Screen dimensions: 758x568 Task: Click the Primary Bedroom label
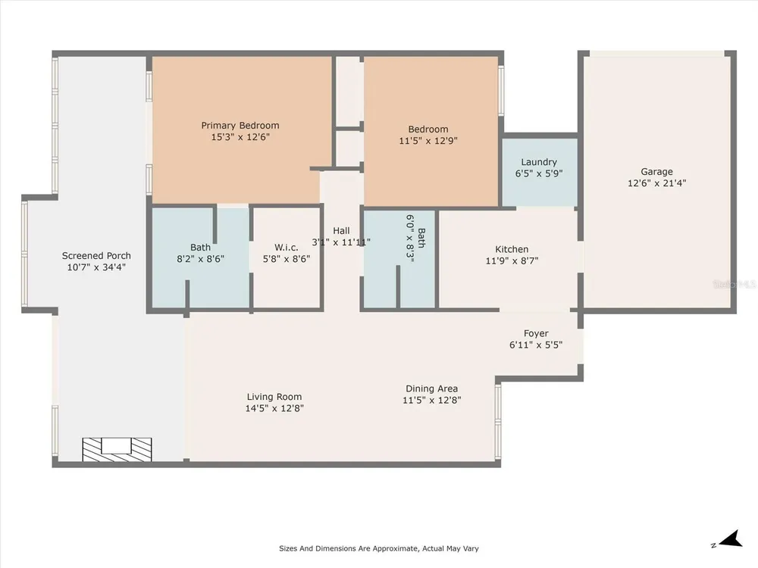coord(240,126)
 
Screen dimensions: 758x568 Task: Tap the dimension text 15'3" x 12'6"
coord(240,136)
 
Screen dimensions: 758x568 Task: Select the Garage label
coord(656,171)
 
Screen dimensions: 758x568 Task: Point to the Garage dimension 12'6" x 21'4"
coord(656,183)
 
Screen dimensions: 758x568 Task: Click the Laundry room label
coord(539,162)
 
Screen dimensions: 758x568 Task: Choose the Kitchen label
coord(512,249)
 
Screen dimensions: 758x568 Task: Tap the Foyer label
coord(536,333)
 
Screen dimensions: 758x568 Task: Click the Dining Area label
coord(432,389)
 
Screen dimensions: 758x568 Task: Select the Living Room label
coord(274,397)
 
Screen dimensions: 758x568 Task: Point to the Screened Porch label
coord(96,256)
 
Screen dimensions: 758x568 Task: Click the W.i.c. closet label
coord(287,248)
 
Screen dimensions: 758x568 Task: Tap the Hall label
coord(341,231)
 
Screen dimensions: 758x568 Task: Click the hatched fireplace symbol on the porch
coord(117,449)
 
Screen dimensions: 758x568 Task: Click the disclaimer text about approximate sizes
coord(379,548)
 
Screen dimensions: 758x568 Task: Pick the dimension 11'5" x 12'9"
coord(428,141)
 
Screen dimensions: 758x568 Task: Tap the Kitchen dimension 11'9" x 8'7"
coord(512,261)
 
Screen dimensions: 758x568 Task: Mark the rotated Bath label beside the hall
coord(421,238)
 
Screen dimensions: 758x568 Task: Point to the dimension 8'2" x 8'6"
coord(200,259)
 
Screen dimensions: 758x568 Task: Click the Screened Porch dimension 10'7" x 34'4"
coord(96,267)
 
